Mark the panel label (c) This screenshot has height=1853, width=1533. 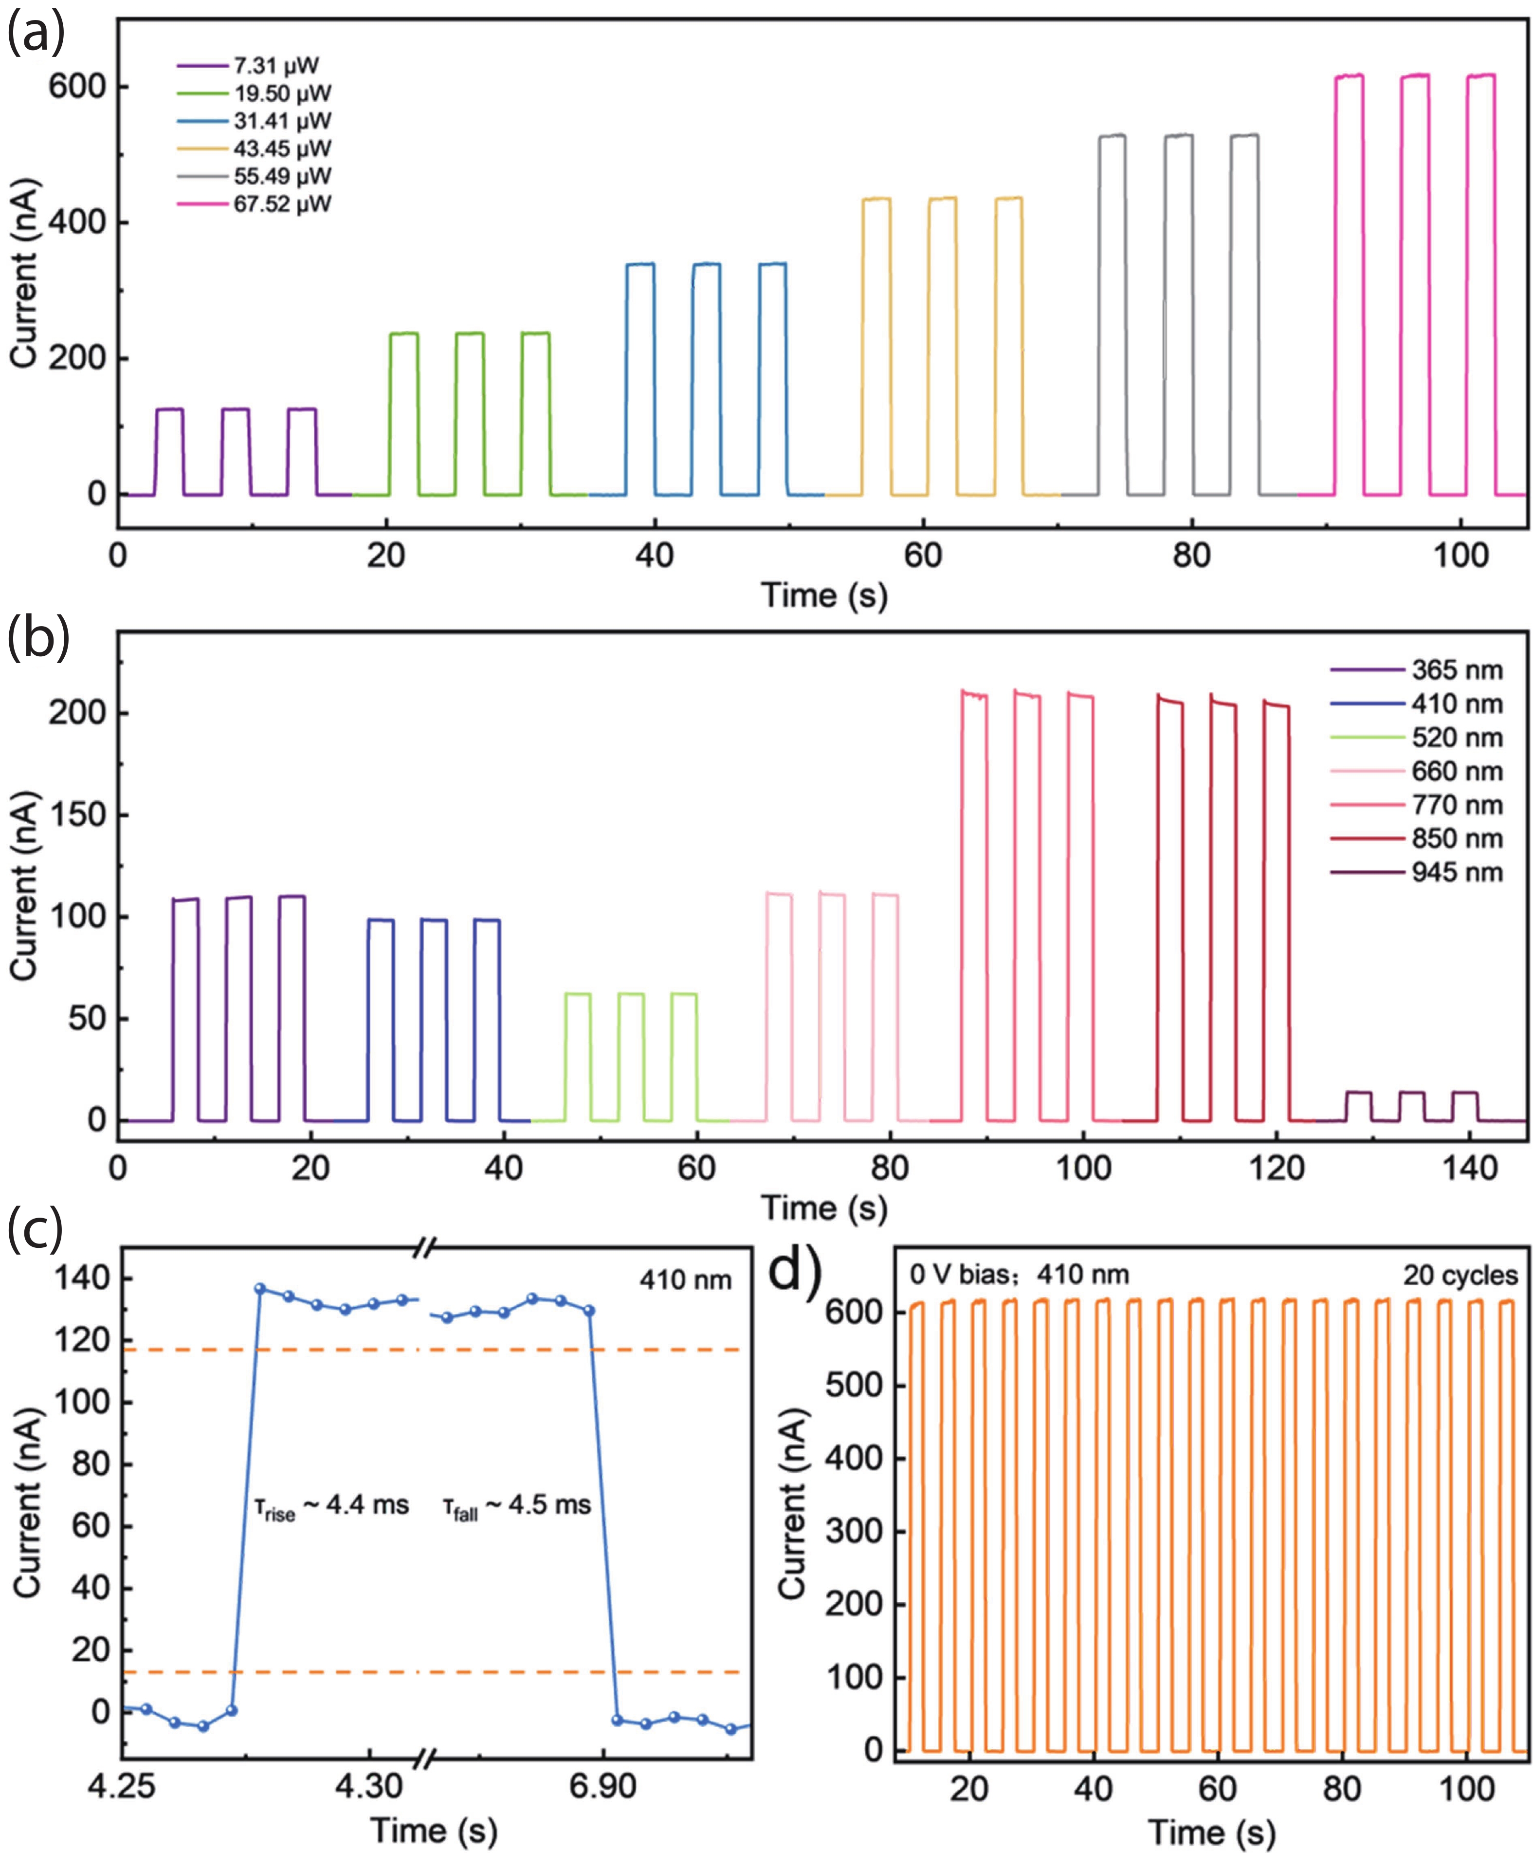click(x=35, y=1230)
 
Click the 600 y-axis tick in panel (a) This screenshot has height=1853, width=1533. click(x=77, y=87)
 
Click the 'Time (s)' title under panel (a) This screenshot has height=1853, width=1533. click(x=824, y=595)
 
